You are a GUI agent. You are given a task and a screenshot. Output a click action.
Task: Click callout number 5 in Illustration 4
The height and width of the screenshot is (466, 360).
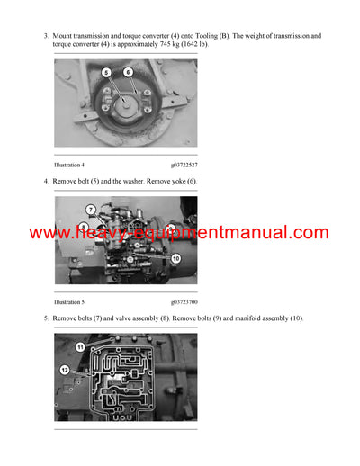coord(105,71)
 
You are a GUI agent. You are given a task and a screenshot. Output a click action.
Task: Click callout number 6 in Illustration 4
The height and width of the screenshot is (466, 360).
coord(127,71)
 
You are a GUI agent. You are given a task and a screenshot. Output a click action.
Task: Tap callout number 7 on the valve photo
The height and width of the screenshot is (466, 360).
coord(91,210)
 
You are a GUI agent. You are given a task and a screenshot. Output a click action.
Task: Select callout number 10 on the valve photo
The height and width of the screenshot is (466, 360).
coord(176,258)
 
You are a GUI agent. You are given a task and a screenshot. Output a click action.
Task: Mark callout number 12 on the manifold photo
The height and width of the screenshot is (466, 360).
coord(64,370)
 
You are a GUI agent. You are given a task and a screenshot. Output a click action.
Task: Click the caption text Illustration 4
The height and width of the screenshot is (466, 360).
coord(73,165)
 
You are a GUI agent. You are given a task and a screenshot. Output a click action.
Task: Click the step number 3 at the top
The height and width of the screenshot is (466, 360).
coord(46,35)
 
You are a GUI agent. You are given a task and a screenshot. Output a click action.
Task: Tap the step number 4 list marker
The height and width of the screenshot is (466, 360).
coord(46,181)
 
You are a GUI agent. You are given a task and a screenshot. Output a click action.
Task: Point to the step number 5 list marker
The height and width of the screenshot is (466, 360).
coord(46,318)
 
